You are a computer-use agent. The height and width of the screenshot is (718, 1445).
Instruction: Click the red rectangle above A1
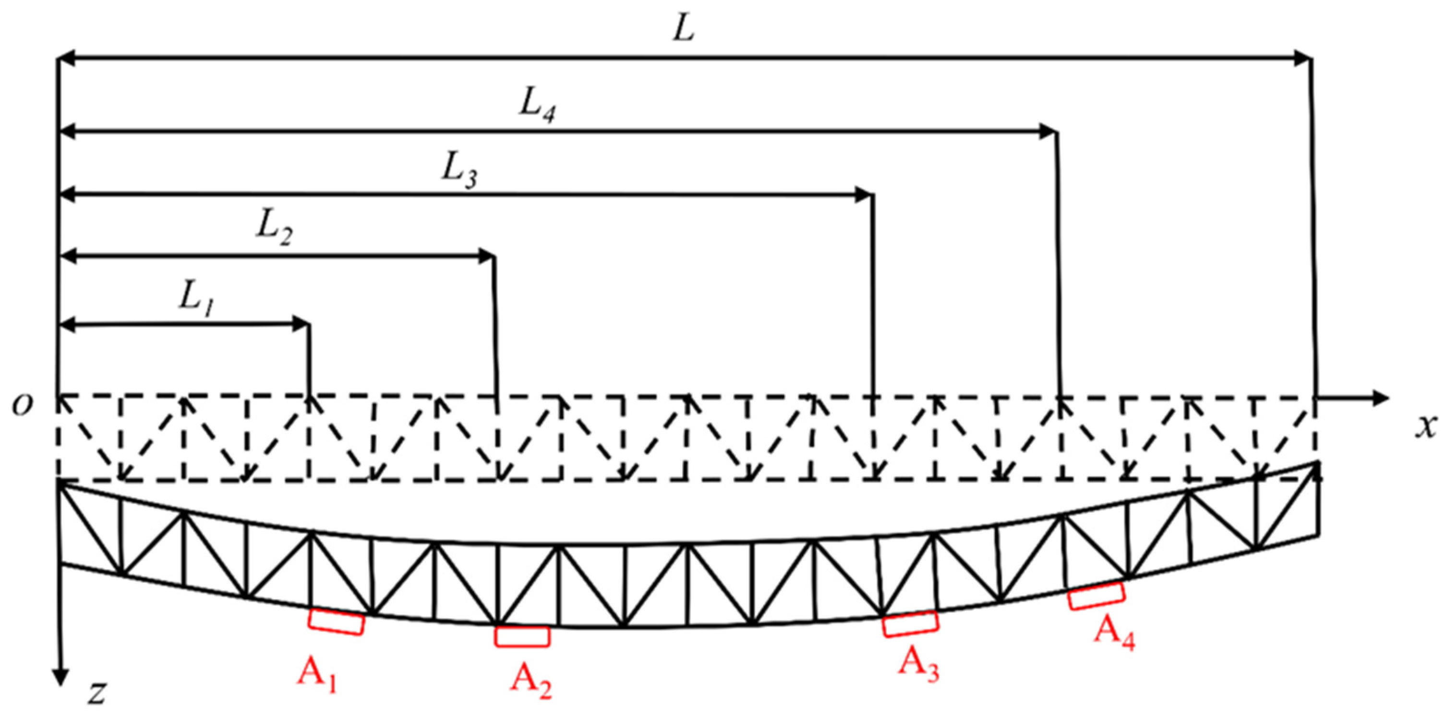(336, 622)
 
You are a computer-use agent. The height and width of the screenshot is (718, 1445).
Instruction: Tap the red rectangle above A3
(910, 624)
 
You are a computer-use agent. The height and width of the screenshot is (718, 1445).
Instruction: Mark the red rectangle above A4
(1096, 596)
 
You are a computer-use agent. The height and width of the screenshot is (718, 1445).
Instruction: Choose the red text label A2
(530, 680)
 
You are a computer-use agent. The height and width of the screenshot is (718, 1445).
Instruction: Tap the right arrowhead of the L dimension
(1304, 57)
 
